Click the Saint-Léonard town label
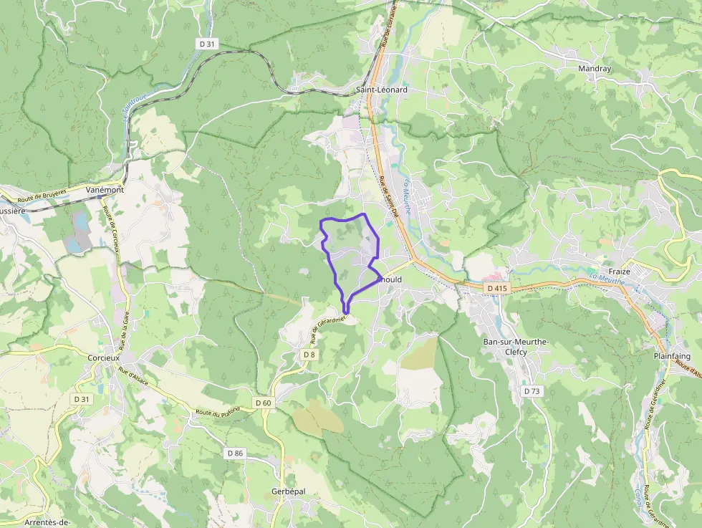click(x=382, y=90)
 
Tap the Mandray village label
click(x=595, y=69)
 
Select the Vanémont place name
click(x=105, y=190)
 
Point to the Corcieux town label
click(x=102, y=357)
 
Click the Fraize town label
click(x=618, y=272)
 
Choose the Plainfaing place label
click(x=672, y=356)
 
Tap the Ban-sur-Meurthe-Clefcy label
click(x=516, y=347)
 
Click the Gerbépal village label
click(x=289, y=491)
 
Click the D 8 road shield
click(x=309, y=355)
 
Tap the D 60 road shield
click(x=264, y=403)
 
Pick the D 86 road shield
click(x=236, y=453)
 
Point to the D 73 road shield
click(x=532, y=391)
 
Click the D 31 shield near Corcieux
click(x=81, y=398)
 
